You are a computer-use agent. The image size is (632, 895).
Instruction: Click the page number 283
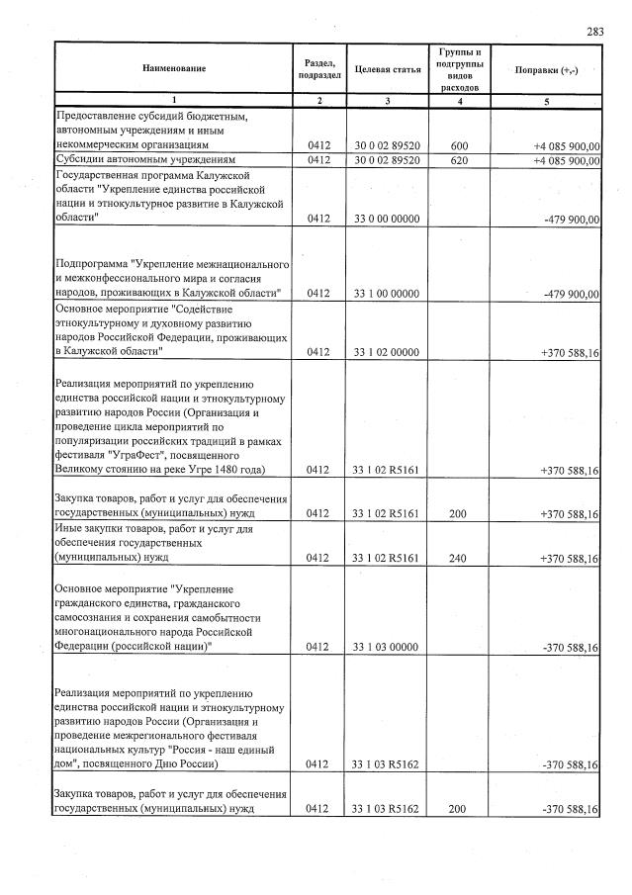[594, 32]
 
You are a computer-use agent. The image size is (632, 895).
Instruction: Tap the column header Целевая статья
[387, 69]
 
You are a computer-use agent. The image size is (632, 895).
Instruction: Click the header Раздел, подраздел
[319, 69]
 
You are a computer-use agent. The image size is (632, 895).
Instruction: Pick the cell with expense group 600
[459, 145]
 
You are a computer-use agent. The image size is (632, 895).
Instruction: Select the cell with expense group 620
[459, 159]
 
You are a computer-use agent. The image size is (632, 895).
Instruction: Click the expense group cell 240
[459, 558]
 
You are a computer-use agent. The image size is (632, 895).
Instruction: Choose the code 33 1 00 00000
[387, 294]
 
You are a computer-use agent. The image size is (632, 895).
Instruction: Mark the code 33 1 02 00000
[387, 351]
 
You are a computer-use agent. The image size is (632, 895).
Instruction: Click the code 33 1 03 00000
[387, 647]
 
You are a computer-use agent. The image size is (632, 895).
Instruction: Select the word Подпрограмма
[92, 265]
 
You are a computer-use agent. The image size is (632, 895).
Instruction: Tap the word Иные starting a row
[68, 529]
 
